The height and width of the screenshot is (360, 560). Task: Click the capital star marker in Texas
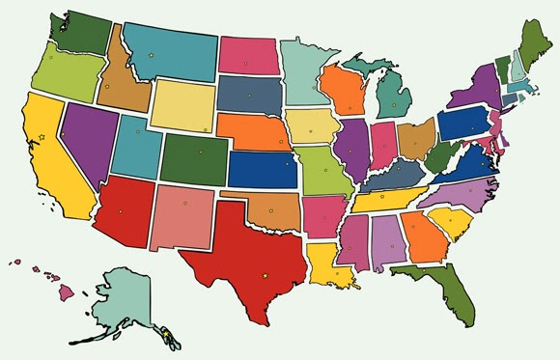[x=266, y=276]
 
